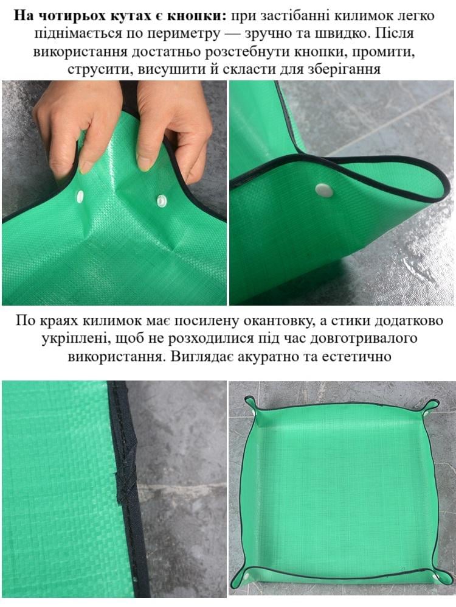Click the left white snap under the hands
80,196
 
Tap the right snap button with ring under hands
162,200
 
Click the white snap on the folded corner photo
324,190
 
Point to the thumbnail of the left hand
85,166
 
